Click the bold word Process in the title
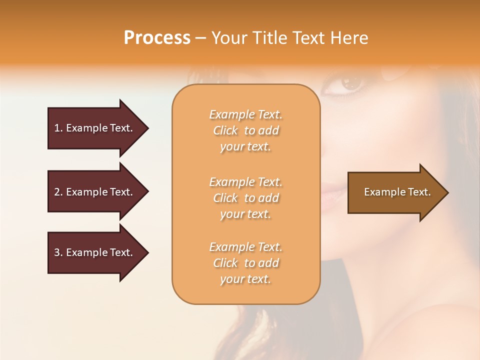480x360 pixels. coord(157,38)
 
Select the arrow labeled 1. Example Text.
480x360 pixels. coord(95,128)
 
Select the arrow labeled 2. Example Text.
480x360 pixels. coord(95,192)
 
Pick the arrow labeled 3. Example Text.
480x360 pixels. coord(95,252)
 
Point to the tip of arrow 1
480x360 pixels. coord(147,128)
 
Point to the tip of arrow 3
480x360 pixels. coord(147,252)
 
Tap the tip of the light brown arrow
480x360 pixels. coord(447,192)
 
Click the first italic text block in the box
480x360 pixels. coord(245,130)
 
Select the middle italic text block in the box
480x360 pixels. coord(245,198)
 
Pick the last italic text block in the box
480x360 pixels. coord(245,263)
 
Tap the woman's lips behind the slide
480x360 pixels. coord(327,191)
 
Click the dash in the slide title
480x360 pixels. coord(200,38)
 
